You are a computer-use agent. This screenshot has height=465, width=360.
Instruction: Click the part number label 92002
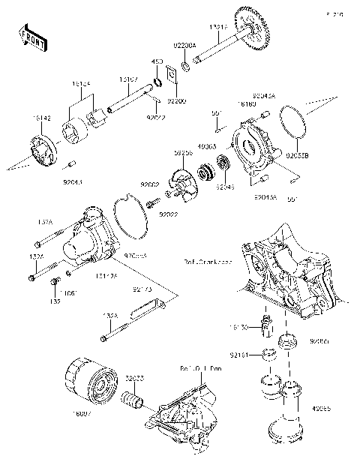148,184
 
